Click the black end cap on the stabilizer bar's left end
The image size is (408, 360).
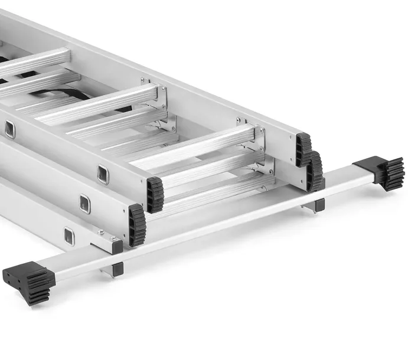pyautogui.click(x=28, y=282)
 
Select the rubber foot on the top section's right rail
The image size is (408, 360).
pyautogui.click(x=303, y=149)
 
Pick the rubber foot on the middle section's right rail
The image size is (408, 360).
pyautogui.click(x=315, y=171)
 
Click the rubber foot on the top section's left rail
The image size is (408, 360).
pyautogui.click(x=155, y=194)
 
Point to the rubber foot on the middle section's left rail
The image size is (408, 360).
pyautogui.click(x=137, y=225)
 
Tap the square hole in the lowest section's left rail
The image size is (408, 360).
pyautogui.click(x=69, y=236)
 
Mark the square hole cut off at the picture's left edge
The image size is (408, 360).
pyautogui.click(x=10, y=129)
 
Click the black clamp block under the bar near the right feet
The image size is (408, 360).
pyautogui.click(x=319, y=205)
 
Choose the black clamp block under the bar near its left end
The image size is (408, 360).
pyautogui.click(x=118, y=269)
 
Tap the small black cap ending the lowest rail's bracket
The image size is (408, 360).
pyautogui.click(x=117, y=247)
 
